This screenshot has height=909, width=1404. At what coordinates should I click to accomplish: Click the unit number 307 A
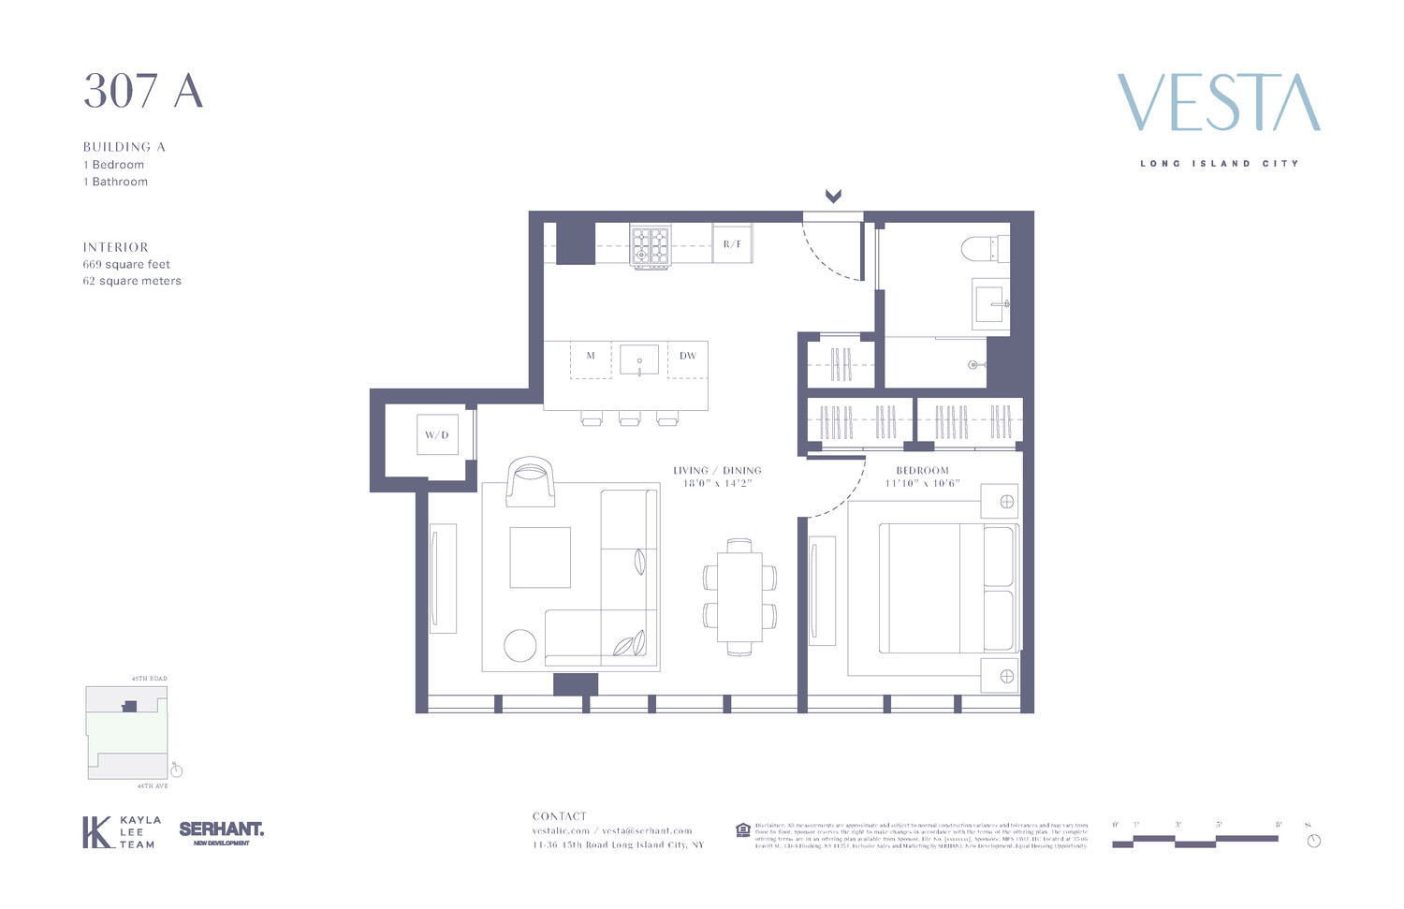[143, 92]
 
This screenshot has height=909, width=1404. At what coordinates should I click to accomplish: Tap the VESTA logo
[1219, 103]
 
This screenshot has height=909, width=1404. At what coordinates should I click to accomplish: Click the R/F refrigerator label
[732, 244]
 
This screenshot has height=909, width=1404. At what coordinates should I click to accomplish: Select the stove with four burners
[651, 246]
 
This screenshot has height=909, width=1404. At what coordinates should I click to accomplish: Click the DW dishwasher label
[688, 356]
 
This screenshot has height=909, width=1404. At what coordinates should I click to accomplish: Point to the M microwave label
[591, 356]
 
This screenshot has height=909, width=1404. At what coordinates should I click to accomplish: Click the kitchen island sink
[639, 359]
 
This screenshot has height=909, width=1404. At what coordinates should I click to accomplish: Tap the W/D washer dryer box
[437, 435]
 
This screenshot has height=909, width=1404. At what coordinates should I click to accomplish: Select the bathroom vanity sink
[991, 302]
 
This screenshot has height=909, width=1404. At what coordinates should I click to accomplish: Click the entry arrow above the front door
[833, 197]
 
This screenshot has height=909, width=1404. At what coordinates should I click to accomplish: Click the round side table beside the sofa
[520, 645]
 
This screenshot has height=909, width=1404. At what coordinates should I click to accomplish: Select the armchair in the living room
[530, 483]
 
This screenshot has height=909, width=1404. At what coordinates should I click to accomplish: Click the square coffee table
[540, 557]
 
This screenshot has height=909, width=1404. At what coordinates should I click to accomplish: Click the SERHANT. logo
[221, 831]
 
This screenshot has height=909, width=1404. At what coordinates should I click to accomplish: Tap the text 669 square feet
[126, 264]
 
